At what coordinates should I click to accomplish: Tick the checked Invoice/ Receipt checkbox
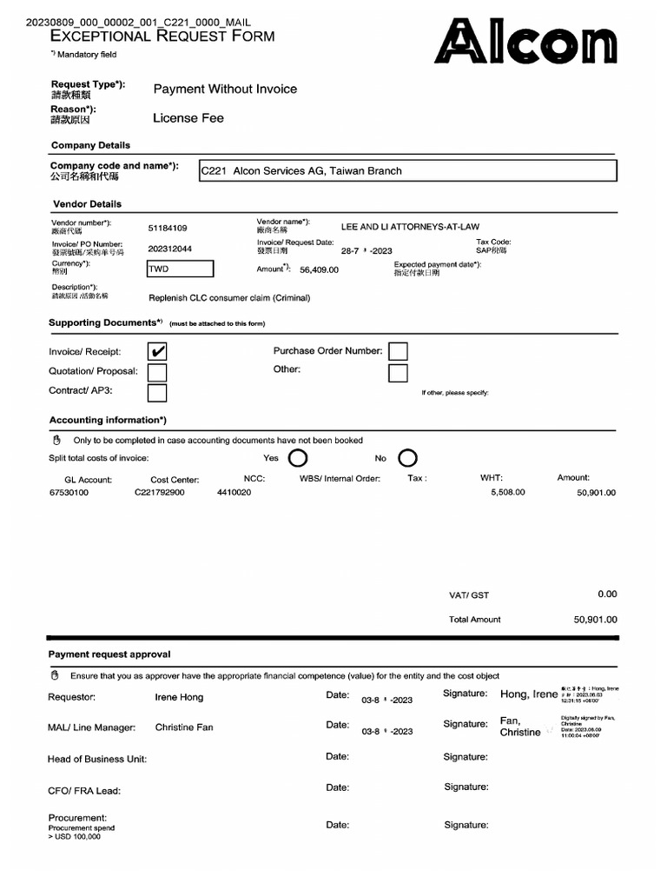158,352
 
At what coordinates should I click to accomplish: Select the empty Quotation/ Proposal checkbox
157,372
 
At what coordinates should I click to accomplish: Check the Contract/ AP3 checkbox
157,393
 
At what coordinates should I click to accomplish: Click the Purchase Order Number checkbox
398,351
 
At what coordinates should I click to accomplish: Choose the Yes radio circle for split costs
297,458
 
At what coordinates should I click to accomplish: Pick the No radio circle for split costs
407,458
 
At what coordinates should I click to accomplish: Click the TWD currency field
180,269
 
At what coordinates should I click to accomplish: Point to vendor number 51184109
168,228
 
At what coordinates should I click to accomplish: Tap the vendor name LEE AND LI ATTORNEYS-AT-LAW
410,227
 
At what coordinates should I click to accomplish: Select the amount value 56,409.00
319,270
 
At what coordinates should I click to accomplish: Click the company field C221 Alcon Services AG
407,171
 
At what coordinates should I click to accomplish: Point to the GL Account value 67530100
69,493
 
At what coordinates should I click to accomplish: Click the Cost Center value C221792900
159,493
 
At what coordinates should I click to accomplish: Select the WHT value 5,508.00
507,493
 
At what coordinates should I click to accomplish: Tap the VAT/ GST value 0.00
607,594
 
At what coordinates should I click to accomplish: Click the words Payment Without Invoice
225,90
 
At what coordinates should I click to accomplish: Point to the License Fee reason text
188,118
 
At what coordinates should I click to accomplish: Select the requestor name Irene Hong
179,697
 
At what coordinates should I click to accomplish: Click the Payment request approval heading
109,654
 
